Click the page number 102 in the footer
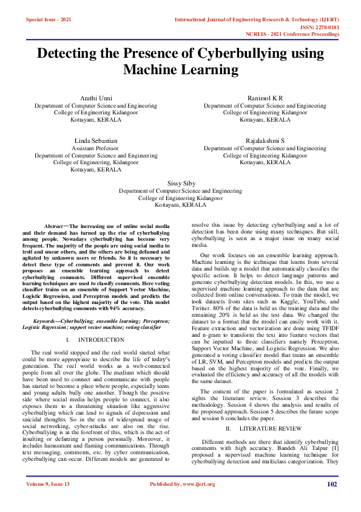(x=332, y=502)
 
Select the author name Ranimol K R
(x=265, y=98)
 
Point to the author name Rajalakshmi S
(x=265, y=140)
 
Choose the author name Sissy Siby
(x=180, y=183)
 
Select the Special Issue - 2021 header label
(x=49, y=20)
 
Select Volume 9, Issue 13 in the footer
(x=49, y=502)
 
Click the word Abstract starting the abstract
(x=56, y=226)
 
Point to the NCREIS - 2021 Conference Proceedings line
(x=297, y=35)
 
